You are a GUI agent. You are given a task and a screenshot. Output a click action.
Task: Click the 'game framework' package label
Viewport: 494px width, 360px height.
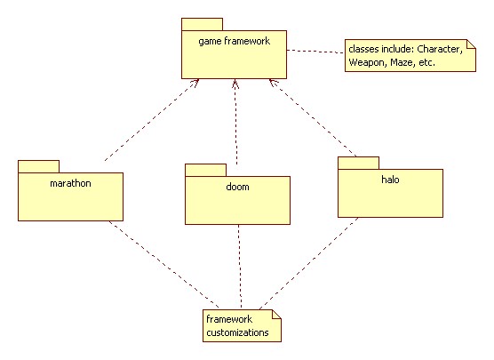click(x=234, y=41)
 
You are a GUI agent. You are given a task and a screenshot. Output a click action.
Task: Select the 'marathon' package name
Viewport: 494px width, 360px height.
click(x=70, y=183)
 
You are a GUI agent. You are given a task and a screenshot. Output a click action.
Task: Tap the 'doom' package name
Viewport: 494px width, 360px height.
click(x=237, y=187)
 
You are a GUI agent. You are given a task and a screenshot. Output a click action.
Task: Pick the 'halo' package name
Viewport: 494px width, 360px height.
click(x=390, y=180)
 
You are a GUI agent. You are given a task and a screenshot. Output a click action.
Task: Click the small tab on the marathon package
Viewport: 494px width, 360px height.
click(x=39, y=166)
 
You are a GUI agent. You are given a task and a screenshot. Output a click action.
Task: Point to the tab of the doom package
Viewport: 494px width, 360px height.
click(x=206, y=171)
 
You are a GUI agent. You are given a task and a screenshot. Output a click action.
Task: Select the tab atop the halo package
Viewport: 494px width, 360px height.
click(x=359, y=163)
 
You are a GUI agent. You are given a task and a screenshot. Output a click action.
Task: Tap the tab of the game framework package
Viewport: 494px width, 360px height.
click(x=203, y=24)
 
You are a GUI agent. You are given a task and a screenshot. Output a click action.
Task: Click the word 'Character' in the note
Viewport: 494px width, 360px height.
click(x=440, y=49)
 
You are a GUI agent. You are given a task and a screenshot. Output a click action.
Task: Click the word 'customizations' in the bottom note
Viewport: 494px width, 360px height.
click(x=237, y=332)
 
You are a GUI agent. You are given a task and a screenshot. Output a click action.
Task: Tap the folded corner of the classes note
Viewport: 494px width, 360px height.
click(x=471, y=44)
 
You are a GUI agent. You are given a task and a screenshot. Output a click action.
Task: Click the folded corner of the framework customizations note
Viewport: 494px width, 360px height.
click(x=276, y=314)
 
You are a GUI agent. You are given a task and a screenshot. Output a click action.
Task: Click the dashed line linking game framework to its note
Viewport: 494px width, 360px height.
click(x=315, y=52)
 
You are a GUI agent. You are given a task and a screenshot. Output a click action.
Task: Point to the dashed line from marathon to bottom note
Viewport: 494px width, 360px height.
click(x=163, y=264)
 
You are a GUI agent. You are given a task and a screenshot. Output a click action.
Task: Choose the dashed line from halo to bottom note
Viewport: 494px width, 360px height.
click(x=309, y=263)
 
